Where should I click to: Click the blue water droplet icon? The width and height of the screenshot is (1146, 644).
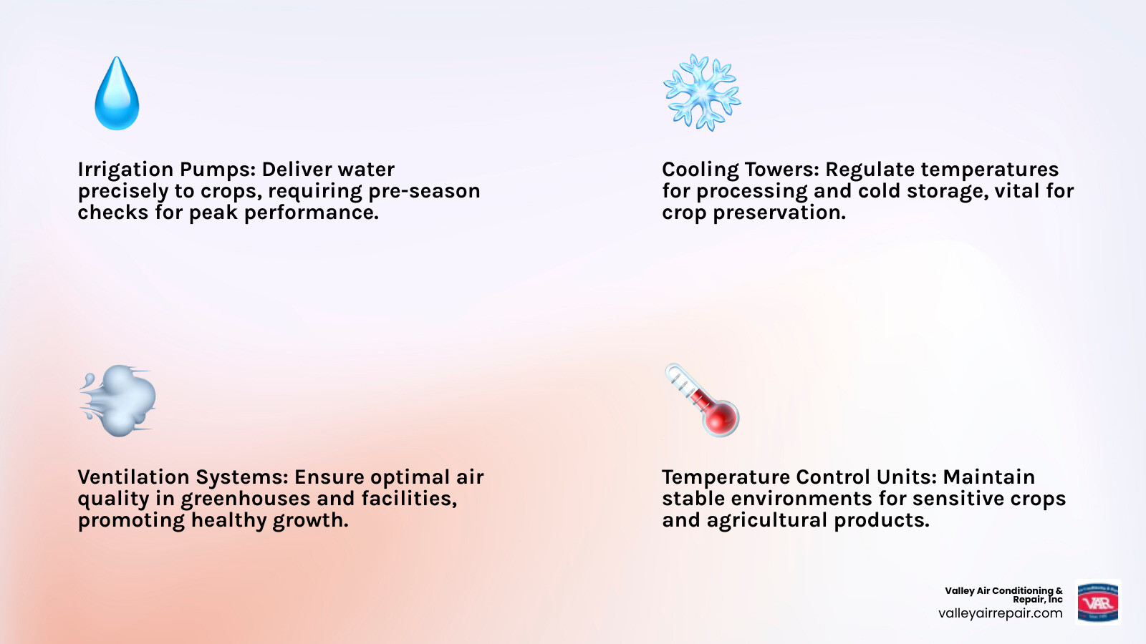(x=117, y=95)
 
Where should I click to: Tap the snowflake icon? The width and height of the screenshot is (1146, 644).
(x=701, y=92)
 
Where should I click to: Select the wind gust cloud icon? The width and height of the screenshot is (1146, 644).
(x=119, y=401)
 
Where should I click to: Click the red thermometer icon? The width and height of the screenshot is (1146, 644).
(x=702, y=400)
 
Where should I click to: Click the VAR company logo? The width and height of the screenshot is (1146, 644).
(x=1097, y=602)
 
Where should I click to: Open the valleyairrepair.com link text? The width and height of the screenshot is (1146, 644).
(x=1000, y=613)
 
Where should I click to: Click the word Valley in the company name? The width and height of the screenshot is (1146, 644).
(x=959, y=590)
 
